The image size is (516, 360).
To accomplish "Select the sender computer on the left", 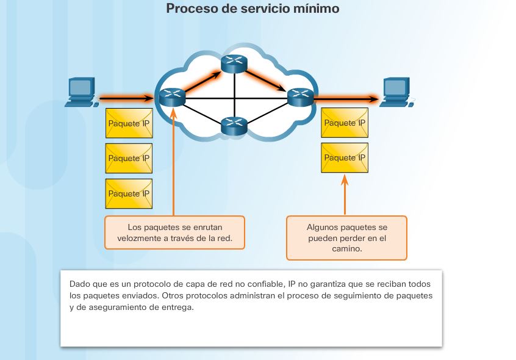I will tap(82, 92).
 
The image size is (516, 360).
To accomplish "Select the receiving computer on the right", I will tap(396, 92).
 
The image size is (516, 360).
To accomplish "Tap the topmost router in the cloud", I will tap(232, 63).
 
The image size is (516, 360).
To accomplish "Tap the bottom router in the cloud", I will tap(232, 126).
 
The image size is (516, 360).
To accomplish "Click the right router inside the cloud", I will tap(299, 96).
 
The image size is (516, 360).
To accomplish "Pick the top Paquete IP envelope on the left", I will tap(129, 124).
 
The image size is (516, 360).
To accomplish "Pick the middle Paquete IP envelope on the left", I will tap(129, 159).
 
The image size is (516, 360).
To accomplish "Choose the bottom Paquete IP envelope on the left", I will tap(129, 194).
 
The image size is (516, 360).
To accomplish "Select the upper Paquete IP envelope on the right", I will tap(344, 123).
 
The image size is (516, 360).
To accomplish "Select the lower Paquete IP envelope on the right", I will tap(344, 158).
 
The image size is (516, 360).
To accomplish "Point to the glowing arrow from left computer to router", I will tap(126, 97).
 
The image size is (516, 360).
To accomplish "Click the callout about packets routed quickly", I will tap(174, 232).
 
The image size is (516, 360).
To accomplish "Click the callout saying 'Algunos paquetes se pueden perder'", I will tap(346, 238).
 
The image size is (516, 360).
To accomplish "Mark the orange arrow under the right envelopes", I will tap(344, 195).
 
